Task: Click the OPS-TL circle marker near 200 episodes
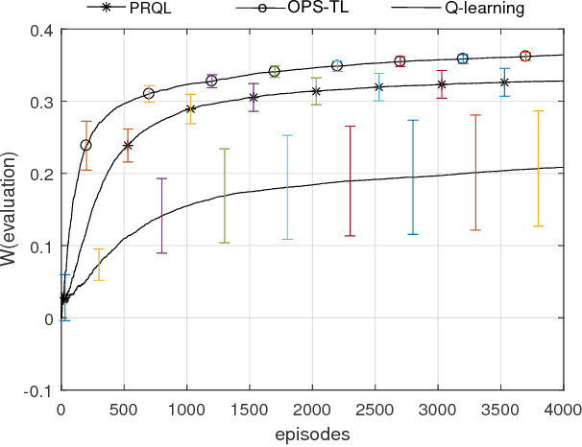click(x=86, y=146)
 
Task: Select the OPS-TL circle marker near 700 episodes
click(x=149, y=94)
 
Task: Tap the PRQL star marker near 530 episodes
click(x=128, y=146)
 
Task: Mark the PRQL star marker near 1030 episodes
click(x=190, y=108)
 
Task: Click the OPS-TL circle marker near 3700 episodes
click(x=525, y=57)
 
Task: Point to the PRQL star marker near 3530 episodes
click(x=504, y=82)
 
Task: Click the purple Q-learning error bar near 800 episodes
click(x=161, y=216)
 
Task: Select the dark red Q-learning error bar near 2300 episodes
click(x=350, y=181)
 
